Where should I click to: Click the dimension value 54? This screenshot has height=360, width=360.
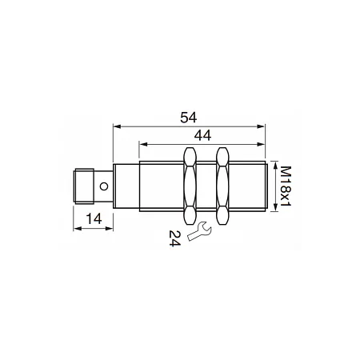click(x=189, y=118)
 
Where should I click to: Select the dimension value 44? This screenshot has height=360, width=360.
click(x=202, y=135)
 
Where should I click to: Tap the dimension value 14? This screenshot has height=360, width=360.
click(x=94, y=219)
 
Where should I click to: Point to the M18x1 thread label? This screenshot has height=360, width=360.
click(x=286, y=186)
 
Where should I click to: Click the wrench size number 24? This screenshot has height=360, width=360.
click(x=174, y=238)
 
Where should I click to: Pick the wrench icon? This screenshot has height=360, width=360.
click(x=199, y=231)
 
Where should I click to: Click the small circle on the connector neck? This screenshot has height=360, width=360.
click(x=104, y=186)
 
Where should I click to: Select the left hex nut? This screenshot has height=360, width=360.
click(x=190, y=186)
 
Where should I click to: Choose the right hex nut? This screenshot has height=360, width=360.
click(x=222, y=186)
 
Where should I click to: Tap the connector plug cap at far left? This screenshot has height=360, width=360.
click(x=83, y=186)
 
